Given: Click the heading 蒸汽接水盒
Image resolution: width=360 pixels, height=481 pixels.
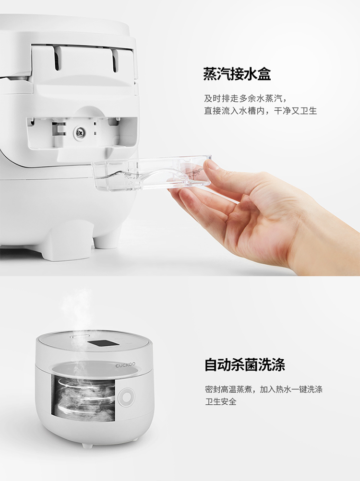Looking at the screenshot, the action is (237, 74).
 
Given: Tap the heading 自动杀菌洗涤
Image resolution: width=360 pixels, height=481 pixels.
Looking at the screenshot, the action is (245, 364).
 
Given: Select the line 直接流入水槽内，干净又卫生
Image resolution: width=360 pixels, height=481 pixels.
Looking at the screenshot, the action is (260, 110).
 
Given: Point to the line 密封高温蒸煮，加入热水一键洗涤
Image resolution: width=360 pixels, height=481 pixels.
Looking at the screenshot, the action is (264, 389).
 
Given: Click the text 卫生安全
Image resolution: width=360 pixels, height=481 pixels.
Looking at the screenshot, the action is (220, 401).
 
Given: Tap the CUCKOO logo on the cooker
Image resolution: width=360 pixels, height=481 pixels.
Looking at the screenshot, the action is (125, 365).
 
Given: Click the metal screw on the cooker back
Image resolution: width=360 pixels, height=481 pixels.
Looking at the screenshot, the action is (80, 132).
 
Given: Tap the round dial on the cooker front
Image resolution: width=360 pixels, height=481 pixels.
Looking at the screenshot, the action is (126, 398).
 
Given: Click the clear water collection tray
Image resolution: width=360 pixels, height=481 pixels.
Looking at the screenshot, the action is (152, 174).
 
